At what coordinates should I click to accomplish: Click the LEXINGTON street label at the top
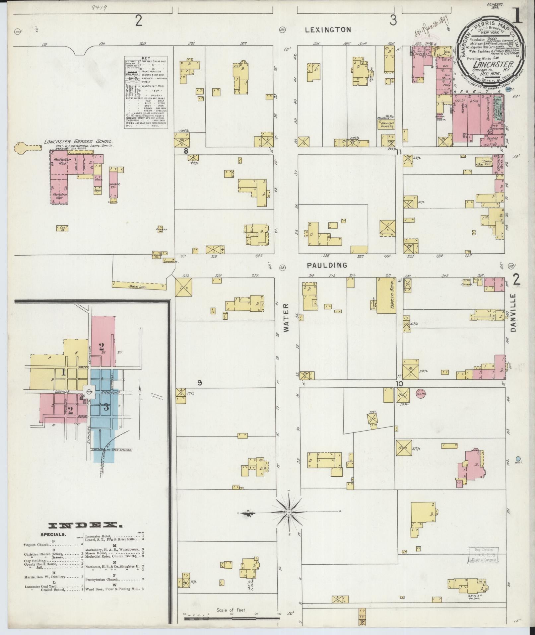click(328, 30)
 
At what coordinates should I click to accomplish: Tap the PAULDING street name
click(327, 265)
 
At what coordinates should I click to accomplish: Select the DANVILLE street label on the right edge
click(514, 312)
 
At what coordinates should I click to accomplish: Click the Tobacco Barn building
click(386, 295)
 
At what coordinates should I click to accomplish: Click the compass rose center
click(289, 522)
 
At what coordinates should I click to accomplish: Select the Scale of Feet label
click(231, 610)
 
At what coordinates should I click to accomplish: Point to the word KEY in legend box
click(146, 58)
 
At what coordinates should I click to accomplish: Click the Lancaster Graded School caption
click(78, 142)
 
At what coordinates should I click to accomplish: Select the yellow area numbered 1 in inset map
click(63, 373)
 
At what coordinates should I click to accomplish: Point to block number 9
click(200, 383)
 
